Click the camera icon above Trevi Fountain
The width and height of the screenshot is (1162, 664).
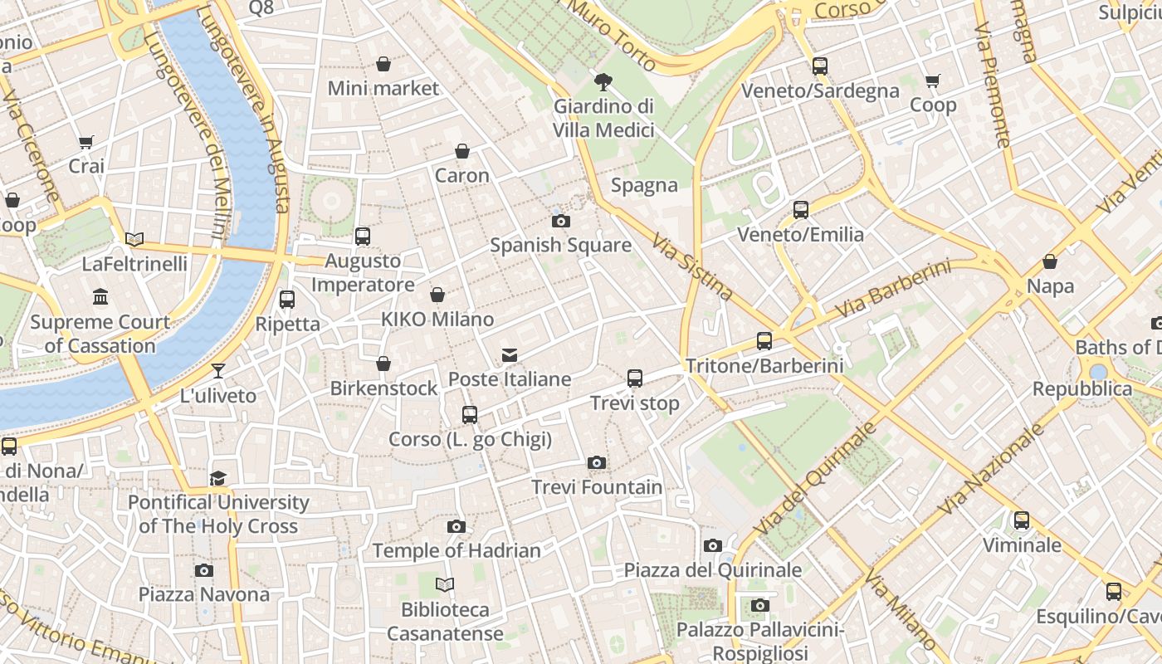[x=596, y=462]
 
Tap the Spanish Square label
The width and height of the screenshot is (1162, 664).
[x=560, y=245]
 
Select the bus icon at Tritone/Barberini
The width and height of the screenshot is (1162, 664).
[x=764, y=340]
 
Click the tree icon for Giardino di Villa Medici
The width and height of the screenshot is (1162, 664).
[x=603, y=81]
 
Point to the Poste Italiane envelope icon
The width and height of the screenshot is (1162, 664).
[x=510, y=355]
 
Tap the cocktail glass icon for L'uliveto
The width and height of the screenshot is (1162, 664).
[x=218, y=371]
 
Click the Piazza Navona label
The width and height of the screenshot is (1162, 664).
[x=203, y=594]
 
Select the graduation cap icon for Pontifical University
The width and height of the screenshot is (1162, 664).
[x=217, y=478]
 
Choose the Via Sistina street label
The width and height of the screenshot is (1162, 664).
[x=692, y=266]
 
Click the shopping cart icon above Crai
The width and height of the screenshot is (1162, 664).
[x=86, y=142]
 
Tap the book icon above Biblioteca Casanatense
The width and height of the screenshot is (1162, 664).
[x=445, y=585]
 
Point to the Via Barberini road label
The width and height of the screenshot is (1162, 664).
[x=892, y=289]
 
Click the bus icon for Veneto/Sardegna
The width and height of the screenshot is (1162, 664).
[x=820, y=66]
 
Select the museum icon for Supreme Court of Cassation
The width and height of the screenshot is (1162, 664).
[x=100, y=297]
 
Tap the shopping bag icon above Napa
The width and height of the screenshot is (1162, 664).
[x=1050, y=261]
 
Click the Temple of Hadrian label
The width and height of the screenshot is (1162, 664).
[x=456, y=550]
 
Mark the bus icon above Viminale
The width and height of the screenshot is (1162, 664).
[x=1022, y=520]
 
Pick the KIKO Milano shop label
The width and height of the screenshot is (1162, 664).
[x=437, y=319]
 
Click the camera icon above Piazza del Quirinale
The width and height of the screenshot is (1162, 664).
[x=712, y=545]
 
